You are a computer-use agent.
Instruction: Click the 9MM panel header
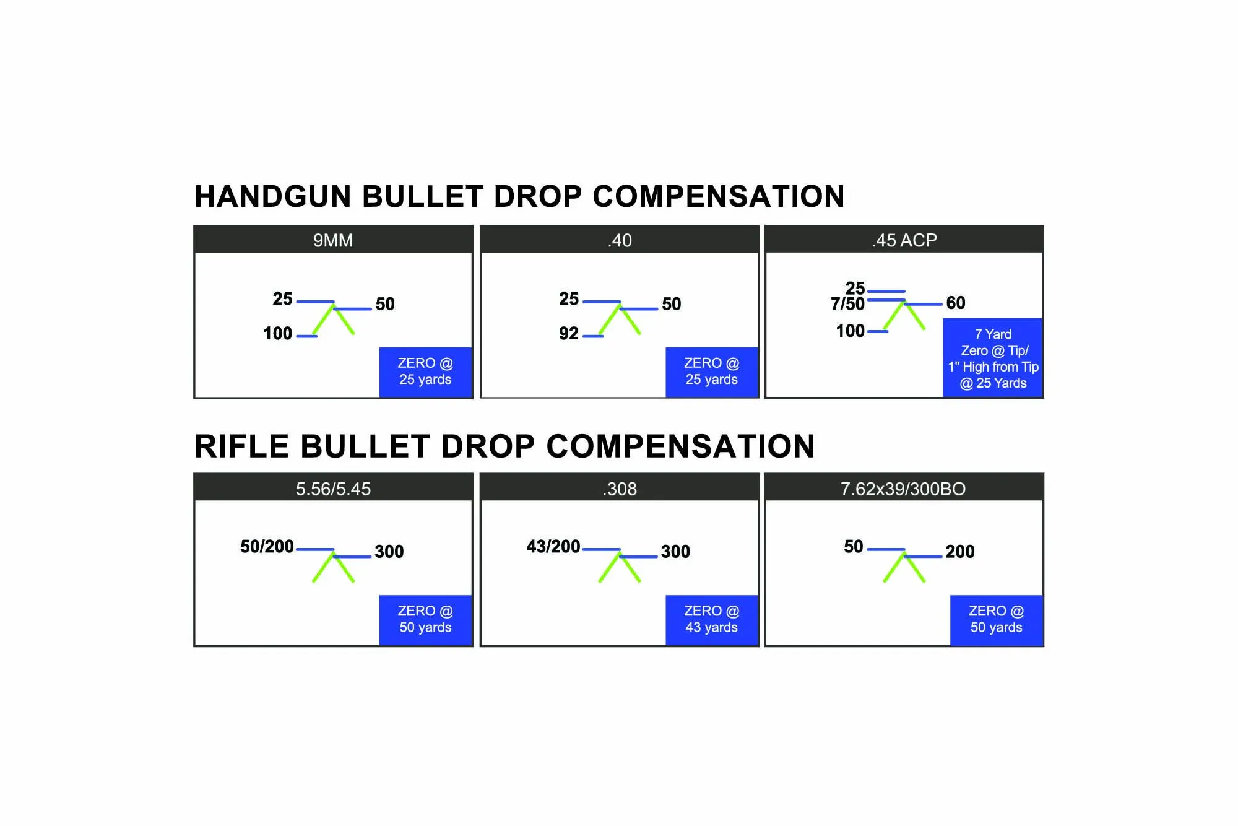[x=333, y=240]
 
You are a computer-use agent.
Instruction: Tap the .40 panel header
[x=620, y=240]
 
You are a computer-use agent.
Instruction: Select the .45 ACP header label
[x=904, y=240]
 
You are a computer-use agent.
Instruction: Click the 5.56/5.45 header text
[x=333, y=489]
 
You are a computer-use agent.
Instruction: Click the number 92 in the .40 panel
[x=569, y=333]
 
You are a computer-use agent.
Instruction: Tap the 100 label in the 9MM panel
[x=277, y=333]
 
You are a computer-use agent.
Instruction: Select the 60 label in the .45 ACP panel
[x=956, y=303]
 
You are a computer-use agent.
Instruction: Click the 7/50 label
[x=847, y=304]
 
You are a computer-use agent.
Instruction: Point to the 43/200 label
[x=553, y=546]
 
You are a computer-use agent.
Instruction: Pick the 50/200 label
[x=267, y=546]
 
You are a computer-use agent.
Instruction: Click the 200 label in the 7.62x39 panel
[x=960, y=551]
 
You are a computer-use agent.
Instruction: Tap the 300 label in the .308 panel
[x=675, y=551]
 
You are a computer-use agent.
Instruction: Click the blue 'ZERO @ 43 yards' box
[x=712, y=620]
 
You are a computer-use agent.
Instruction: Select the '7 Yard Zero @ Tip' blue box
[x=993, y=358]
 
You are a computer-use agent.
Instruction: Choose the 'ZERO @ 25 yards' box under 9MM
[x=425, y=372]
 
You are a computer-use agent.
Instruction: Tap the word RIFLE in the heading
[x=242, y=446]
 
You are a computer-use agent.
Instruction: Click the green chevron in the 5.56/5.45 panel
[x=333, y=565]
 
